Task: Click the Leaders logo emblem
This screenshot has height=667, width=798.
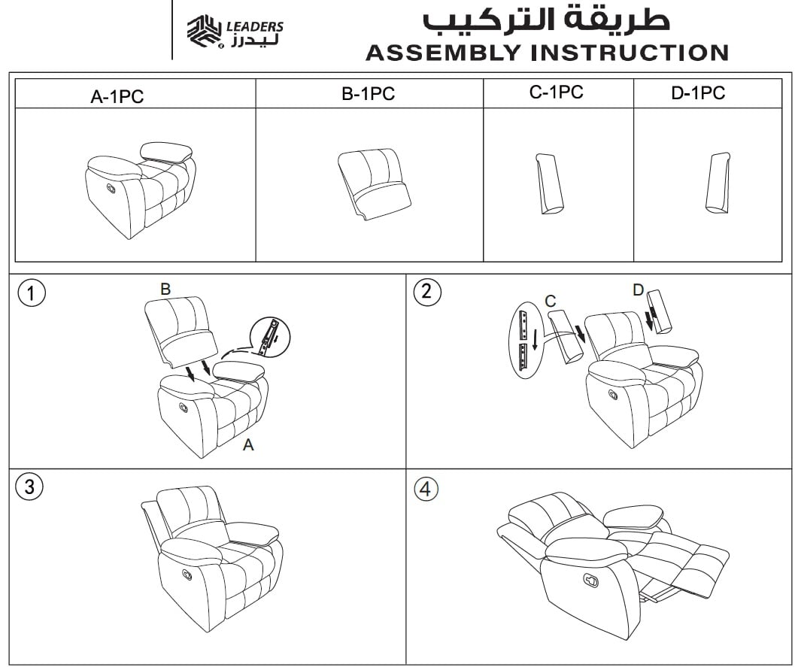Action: pyautogui.click(x=205, y=32)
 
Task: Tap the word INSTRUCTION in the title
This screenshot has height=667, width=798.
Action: pyautogui.click(x=630, y=53)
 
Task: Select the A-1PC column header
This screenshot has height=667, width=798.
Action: pyautogui.click(x=117, y=96)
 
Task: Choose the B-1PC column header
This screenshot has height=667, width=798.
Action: pyautogui.click(x=368, y=93)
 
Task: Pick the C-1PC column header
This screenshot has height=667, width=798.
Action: pyautogui.click(x=557, y=92)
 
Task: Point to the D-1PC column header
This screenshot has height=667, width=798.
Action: pyautogui.click(x=698, y=93)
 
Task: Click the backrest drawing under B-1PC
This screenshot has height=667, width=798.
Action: pyautogui.click(x=374, y=184)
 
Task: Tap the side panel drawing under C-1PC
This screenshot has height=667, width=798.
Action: pyautogui.click(x=550, y=183)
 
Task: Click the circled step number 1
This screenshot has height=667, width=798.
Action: pyautogui.click(x=32, y=293)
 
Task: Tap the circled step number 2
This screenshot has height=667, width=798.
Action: pyautogui.click(x=427, y=292)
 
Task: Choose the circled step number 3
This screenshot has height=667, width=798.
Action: pyautogui.click(x=29, y=487)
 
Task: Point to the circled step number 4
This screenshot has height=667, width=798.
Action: pyautogui.click(x=426, y=489)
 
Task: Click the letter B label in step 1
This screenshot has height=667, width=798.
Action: pyautogui.click(x=165, y=289)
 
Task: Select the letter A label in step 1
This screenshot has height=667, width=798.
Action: pyautogui.click(x=248, y=445)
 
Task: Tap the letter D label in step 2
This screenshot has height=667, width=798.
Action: pyautogui.click(x=639, y=290)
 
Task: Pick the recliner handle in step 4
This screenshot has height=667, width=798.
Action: pyautogui.click(x=591, y=580)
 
